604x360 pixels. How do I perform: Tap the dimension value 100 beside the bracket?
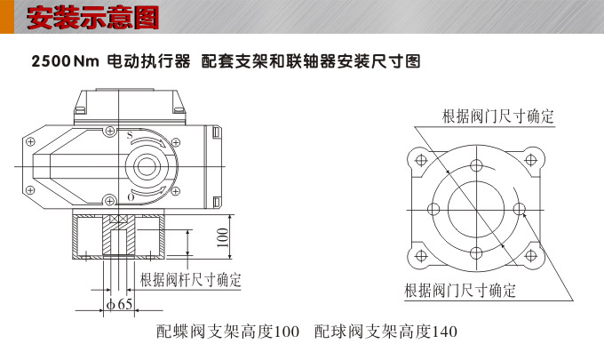223,237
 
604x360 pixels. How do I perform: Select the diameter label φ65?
120,304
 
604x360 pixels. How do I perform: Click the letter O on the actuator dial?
132,197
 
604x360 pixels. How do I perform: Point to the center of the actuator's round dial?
146,166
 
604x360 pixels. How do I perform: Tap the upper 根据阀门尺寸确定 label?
497,117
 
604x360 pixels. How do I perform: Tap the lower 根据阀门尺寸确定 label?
460,291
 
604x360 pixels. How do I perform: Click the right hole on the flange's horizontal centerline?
521,209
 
